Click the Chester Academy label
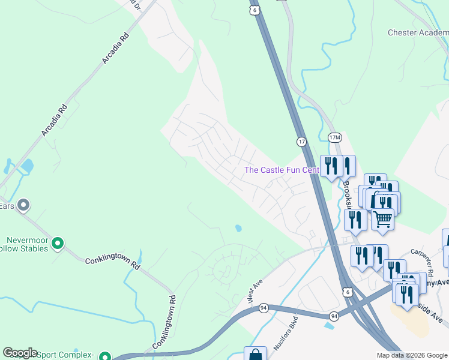[418, 32]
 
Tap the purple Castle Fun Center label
[282, 170]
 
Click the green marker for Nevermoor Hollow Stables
[58, 243]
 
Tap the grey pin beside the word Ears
[24, 206]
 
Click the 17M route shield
[335, 138]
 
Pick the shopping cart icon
[382, 220]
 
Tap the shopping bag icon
[255, 355]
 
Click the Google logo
[20, 353]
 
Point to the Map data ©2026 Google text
[412, 355]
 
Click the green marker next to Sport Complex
[105, 356]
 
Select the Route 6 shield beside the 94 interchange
[347, 292]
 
